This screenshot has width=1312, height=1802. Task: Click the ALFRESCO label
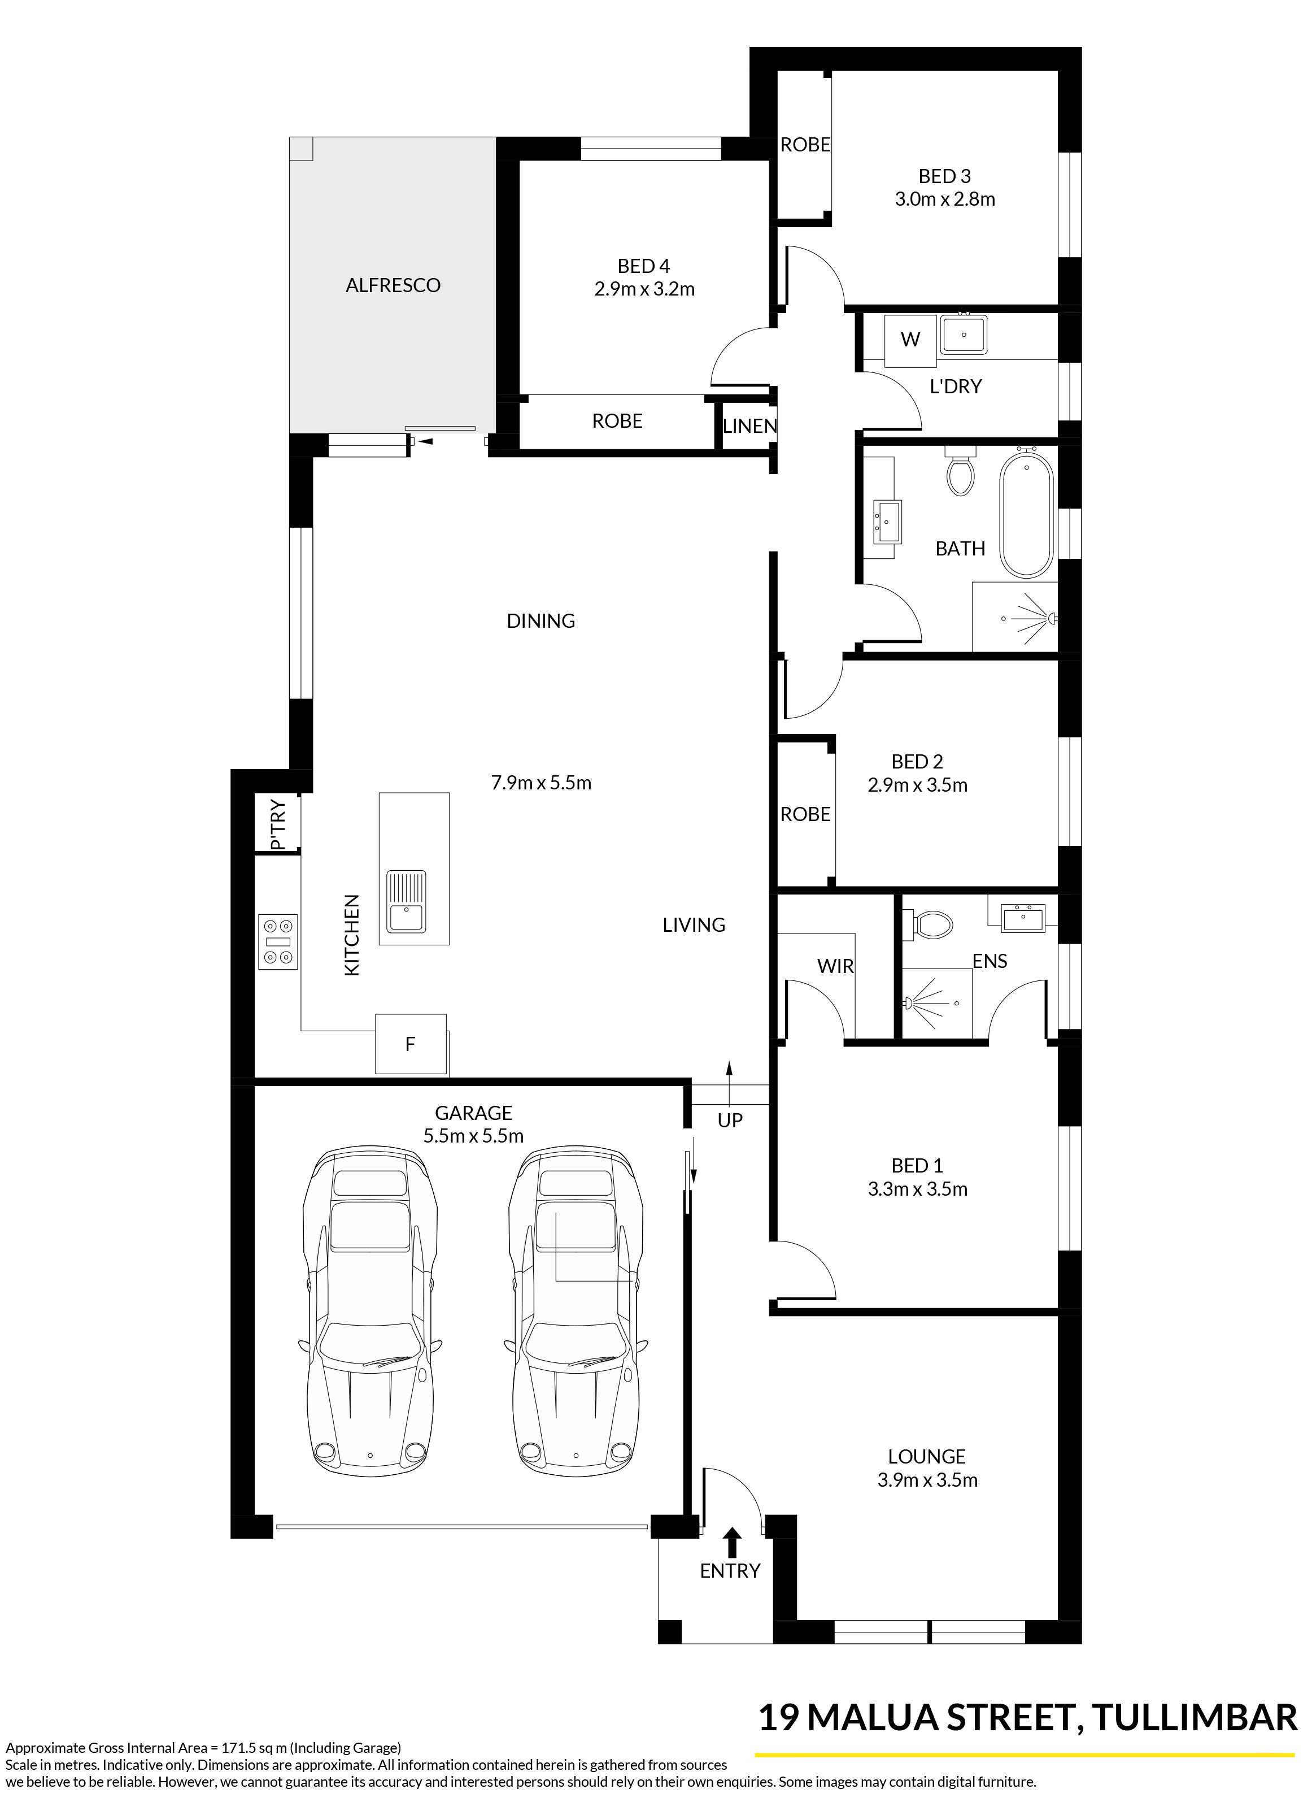coord(393,285)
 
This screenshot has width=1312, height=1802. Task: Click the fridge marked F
coord(411,1043)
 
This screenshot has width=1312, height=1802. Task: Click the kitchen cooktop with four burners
coord(278,941)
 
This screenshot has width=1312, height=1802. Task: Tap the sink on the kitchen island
coord(406,902)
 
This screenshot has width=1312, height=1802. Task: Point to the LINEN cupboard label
coord(749,426)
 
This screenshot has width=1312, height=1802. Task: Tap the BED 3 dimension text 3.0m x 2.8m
coord(944,199)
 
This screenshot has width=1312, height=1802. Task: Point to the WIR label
coord(835,966)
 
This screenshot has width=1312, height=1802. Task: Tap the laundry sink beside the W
coord(964,335)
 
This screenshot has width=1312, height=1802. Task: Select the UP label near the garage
coord(730,1121)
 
